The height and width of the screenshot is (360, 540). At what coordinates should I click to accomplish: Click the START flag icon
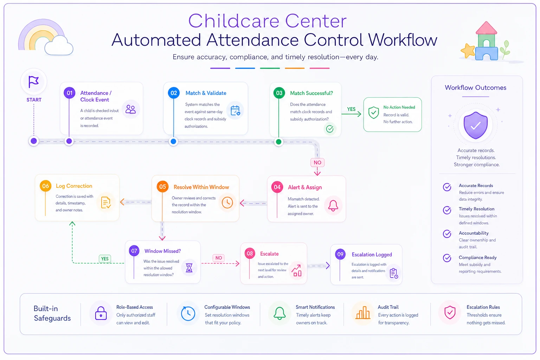pyautogui.click(x=33, y=82)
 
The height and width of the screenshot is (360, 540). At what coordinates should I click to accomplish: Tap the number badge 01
pyautogui.click(x=69, y=93)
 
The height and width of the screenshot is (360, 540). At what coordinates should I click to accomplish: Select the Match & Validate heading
pyautogui.click(x=206, y=93)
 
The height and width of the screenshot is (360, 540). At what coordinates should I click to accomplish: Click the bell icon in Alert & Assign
pyautogui.click(x=333, y=205)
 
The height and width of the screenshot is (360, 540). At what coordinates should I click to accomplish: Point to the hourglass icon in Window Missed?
pyautogui.click(x=189, y=268)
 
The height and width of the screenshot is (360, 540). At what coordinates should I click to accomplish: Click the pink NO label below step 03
pyautogui.click(x=317, y=162)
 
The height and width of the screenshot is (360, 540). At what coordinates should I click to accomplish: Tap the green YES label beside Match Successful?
pyautogui.click(x=351, y=109)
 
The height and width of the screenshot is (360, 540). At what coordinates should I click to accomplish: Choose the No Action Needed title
pyautogui.click(x=399, y=107)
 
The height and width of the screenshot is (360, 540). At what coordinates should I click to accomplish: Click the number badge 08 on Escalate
pyautogui.click(x=250, y=253)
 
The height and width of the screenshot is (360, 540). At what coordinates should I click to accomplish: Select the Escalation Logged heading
pyautogui.click(x=372, y=255)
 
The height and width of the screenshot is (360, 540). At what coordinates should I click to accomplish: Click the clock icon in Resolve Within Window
pyautogui.click(x=227, y=202)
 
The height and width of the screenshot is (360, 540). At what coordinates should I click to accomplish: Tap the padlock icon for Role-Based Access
pyautogui.click(x=101, y=313)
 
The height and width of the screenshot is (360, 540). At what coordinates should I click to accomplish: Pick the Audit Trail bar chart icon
pyautogui.click(x=363, y=313)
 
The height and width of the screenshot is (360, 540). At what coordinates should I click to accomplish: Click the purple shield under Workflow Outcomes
pyautogui.click(x=476, y=125)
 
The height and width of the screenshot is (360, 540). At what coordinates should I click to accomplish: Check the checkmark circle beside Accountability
pyautogui.click(x=447, y=234)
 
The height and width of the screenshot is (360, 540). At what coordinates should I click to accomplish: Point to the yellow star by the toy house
pyautogui.click(x=468, y=50)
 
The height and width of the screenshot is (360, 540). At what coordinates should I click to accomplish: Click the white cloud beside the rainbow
pyautogui.click(x=59, y=46)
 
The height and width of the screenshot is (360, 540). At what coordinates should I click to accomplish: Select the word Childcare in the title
pyautogui.click(x=234, y=21)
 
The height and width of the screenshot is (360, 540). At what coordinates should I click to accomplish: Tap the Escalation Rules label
pyautogui.click(x=483, y=307)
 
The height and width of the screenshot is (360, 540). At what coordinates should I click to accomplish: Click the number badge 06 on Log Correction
pyautogui.click(x=46, y=186)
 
